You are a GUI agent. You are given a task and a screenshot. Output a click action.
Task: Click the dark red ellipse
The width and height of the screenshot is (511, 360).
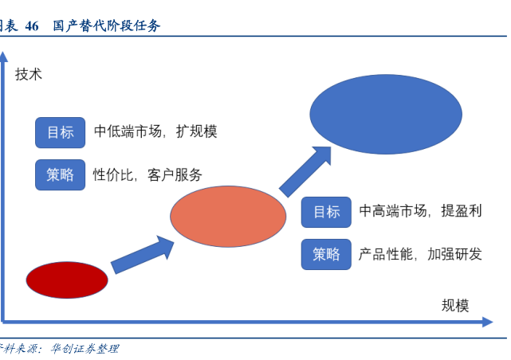pyautogui.click(x=67, y=280)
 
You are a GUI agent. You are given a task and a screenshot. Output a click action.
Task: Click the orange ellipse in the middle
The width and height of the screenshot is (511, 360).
pyautogui.click(x=228, y=216)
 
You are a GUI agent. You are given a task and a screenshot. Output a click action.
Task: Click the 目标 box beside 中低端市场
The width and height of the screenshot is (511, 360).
pyautogui.click(x=60, y=132)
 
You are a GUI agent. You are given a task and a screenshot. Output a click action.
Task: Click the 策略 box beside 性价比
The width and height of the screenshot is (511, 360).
pyautogui.click(x=60, y=174)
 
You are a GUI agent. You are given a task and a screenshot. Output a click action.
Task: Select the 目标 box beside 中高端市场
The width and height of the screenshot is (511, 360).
pyautogui.click(x=326, y=211)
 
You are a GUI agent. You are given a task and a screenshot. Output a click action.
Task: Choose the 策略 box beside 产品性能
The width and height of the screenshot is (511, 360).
pyautogui.click(x=326, y=254)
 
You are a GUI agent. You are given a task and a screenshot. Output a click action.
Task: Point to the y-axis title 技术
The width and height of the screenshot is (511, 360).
pyautogui.click(x=29, y=74)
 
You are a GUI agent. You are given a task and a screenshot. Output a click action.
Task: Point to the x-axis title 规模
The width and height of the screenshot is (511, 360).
pyautogui.click(x=455, y=305)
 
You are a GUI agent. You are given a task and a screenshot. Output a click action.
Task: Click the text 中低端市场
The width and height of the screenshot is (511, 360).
pyautogui.click(x=127, y=132)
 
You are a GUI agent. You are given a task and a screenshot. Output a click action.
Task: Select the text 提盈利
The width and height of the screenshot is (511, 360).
pyautogui.click(x=462, y=211)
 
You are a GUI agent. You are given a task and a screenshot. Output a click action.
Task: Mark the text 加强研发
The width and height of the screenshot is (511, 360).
pyautogui.click(x=454, y=254)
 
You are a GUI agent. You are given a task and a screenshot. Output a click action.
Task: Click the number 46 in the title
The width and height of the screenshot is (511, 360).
pyautogui.click(x=32, y=25)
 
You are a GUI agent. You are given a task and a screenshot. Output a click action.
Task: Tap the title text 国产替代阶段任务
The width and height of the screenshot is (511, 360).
pyautogui.click(x=107, y=25)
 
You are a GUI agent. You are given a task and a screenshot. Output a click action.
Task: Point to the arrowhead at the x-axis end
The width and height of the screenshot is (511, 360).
pyautogui.click(x=487, y=323)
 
